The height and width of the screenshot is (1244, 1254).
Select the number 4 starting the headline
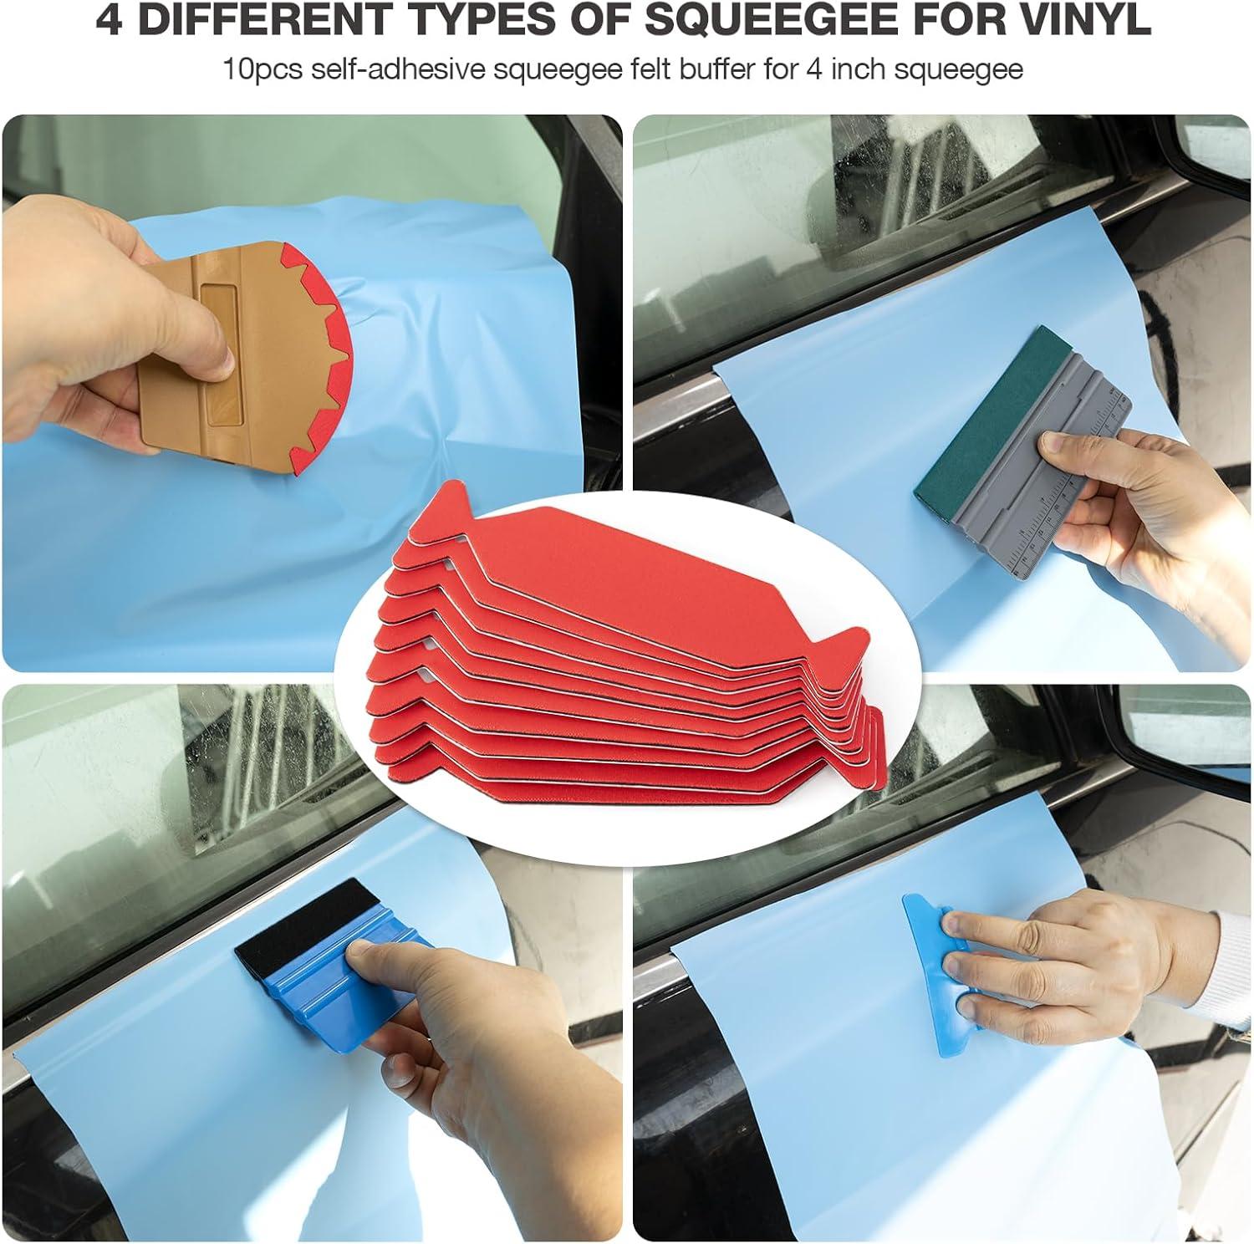tap(109, 21)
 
